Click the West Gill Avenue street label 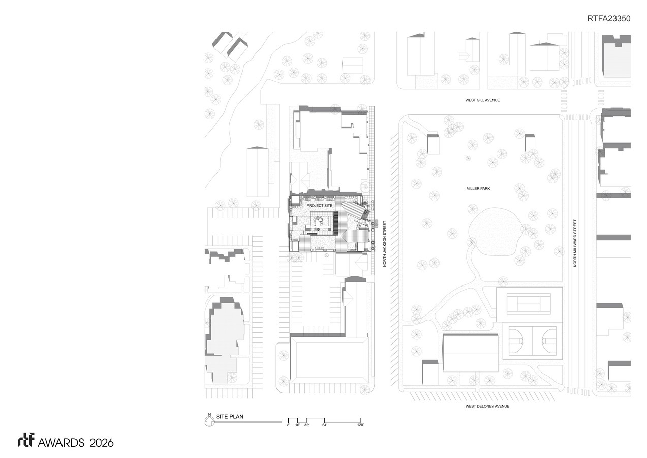click(x=482, y=100)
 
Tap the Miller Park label click(x=478, y=188)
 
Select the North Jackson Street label click(x=384, y=244)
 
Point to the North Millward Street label click(x=575, y=243)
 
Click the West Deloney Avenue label click(x=487, y=406)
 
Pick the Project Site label click(x=320, y=205)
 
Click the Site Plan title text click(x=230, y=417)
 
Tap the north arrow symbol click(x=209, y=421)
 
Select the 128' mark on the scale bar click(x=360, y=425)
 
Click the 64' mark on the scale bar click(x=325, y=425)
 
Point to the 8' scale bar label click(x=288, y=425)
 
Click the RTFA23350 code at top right click(x=609, y=19)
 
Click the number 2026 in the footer click(x=101, y=443)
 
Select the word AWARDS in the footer click(x=61, y=443)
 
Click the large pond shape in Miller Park click(x=495, y=232)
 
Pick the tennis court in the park click(x=529, y=304)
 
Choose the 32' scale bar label click(x=306, y=425)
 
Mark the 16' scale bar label click(x=297, y=425)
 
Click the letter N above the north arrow click(x=210, y=415)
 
